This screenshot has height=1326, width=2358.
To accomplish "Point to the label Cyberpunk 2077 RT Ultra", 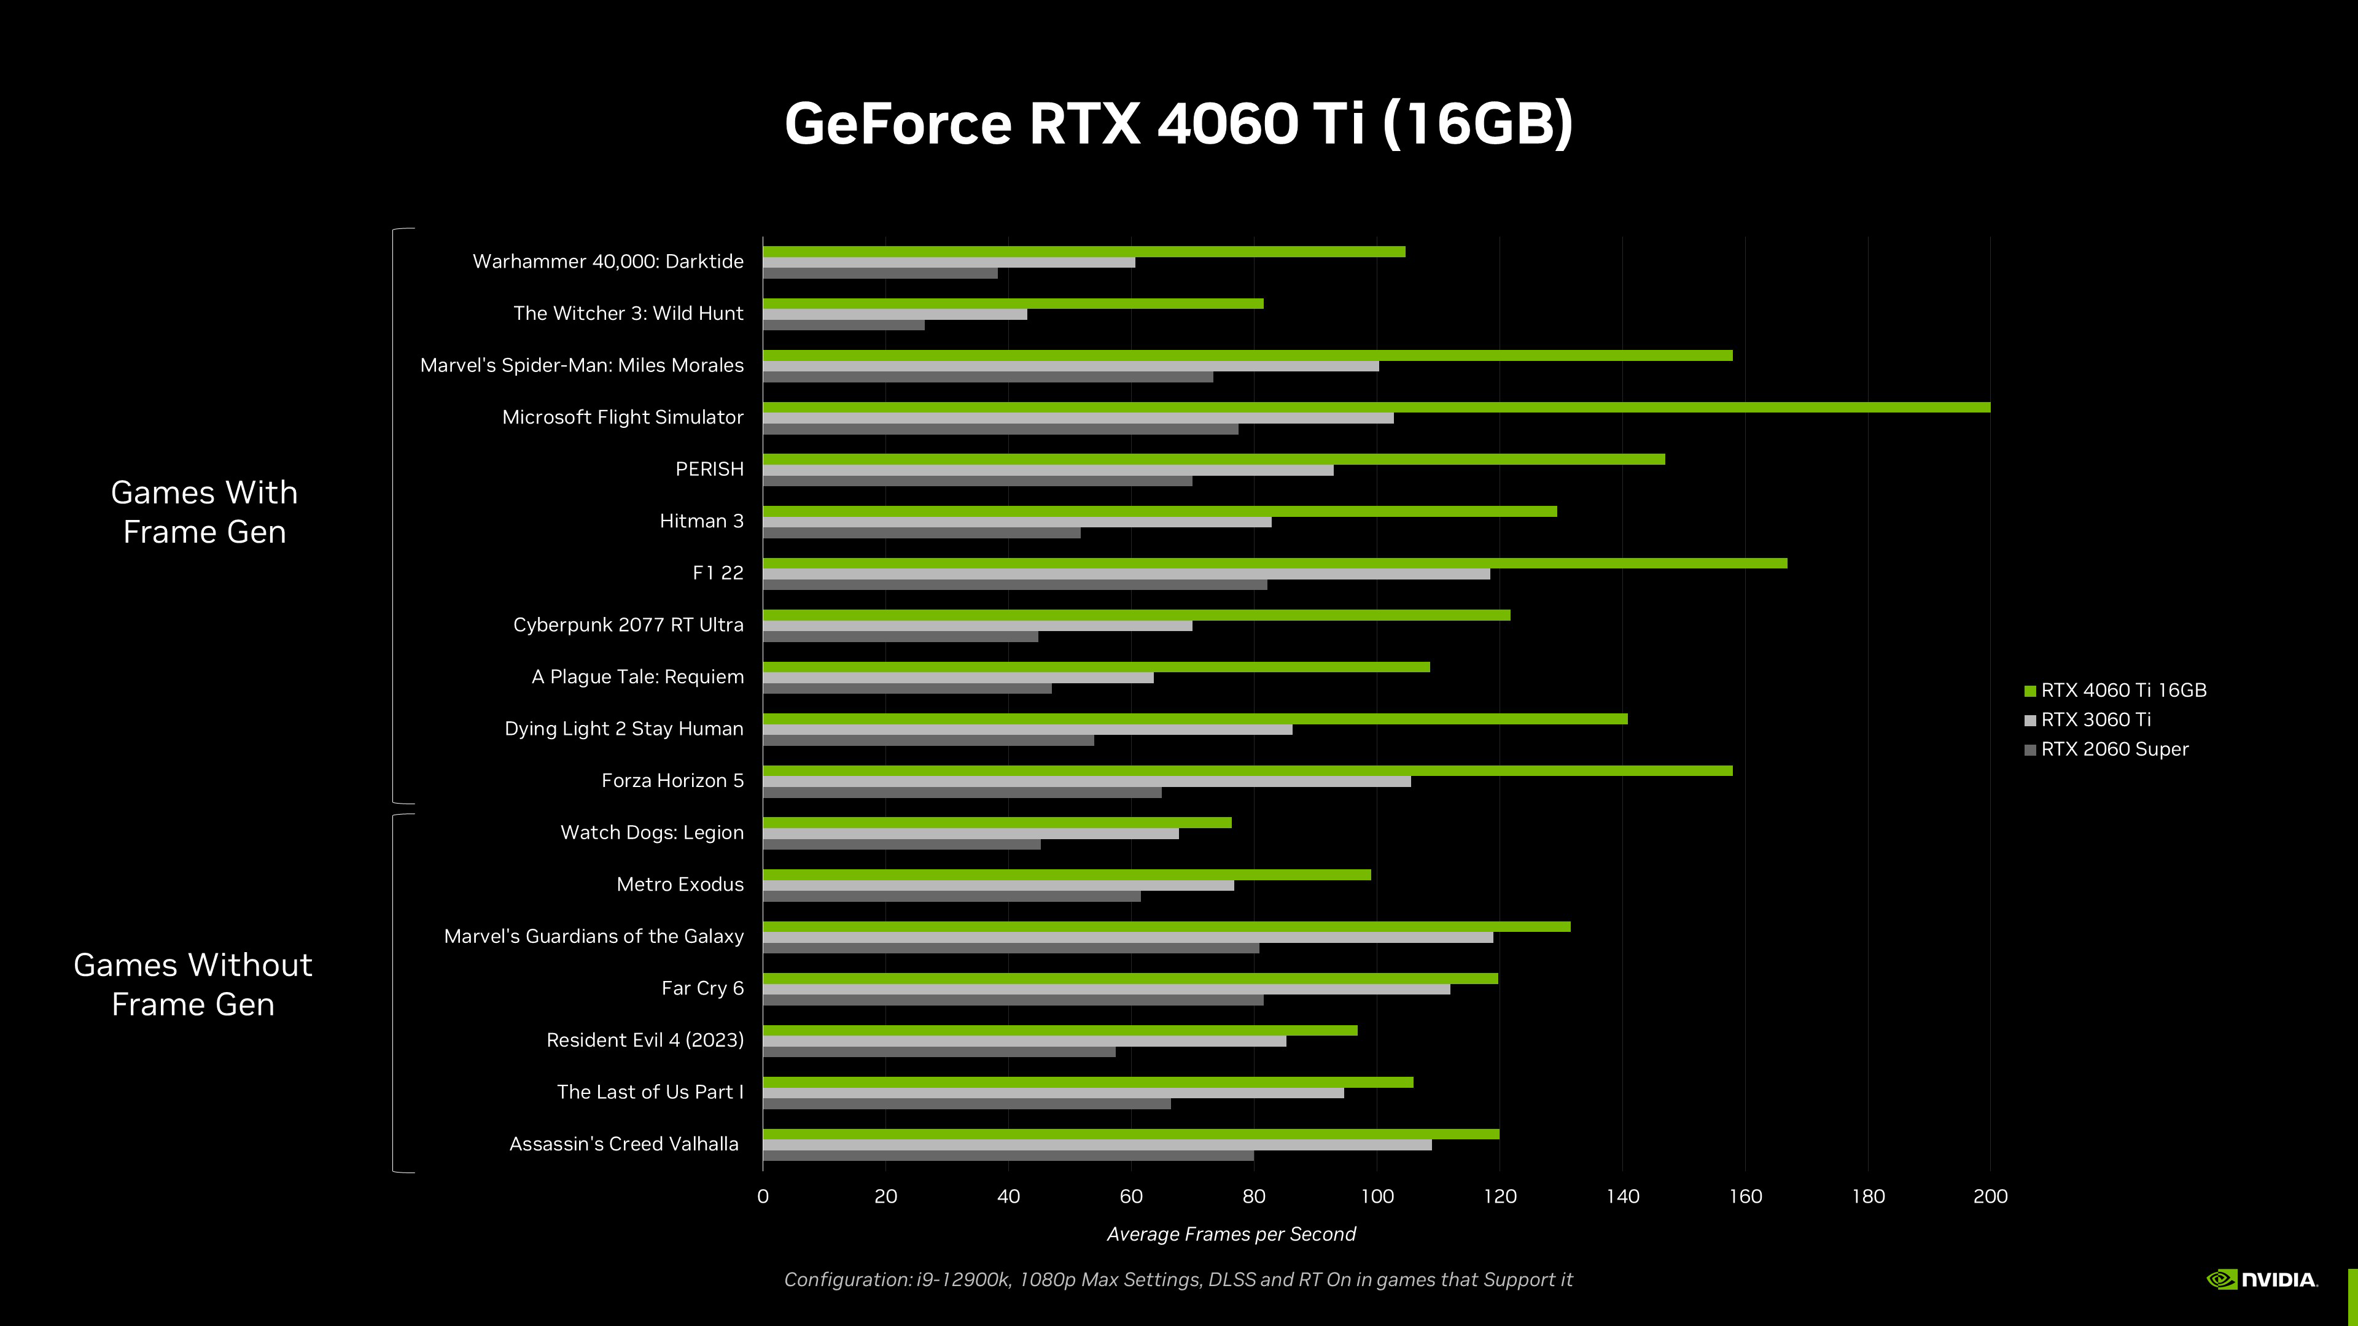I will [x=628, y=625].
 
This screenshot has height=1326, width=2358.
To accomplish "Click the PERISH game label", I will [x=709, y=470].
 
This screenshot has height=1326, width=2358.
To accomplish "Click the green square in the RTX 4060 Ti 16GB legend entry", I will [x=2029, y=691].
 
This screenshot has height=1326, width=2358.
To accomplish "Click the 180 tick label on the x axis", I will [x=1867, y=1196].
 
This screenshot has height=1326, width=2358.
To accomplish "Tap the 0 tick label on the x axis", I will [x=763, y=1196].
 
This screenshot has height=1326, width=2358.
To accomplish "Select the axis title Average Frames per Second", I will [x=1231, y=1235].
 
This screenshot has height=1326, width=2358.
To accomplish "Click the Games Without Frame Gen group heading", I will [x=193, y=985].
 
